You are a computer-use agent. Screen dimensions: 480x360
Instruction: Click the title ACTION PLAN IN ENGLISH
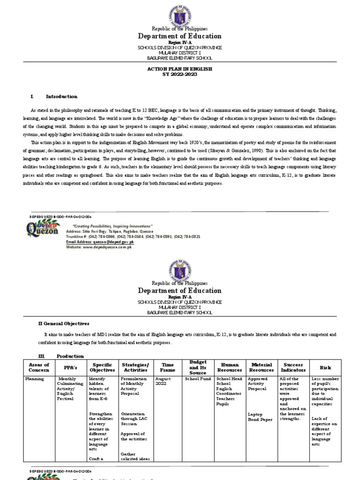(x=180, y=68)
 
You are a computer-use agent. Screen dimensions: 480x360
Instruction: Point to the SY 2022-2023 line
(x=180, y=74)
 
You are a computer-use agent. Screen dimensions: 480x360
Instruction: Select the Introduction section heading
(x=61, y=97)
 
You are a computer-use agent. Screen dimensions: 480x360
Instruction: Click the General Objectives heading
(x=64, y=323)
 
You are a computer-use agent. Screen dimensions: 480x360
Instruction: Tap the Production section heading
(x=70, y=356)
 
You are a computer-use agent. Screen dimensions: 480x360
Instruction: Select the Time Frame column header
(x=167, y=367)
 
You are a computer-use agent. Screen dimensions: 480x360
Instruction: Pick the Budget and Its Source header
(x=198, y=367)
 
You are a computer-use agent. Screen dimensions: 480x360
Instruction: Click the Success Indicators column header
(x=293, y=367)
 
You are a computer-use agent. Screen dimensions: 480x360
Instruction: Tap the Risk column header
(x=325, y=367)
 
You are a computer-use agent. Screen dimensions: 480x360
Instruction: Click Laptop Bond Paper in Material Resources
(x=259, y=417)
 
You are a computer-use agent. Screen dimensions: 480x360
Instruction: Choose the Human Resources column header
(x=230, y=367)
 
